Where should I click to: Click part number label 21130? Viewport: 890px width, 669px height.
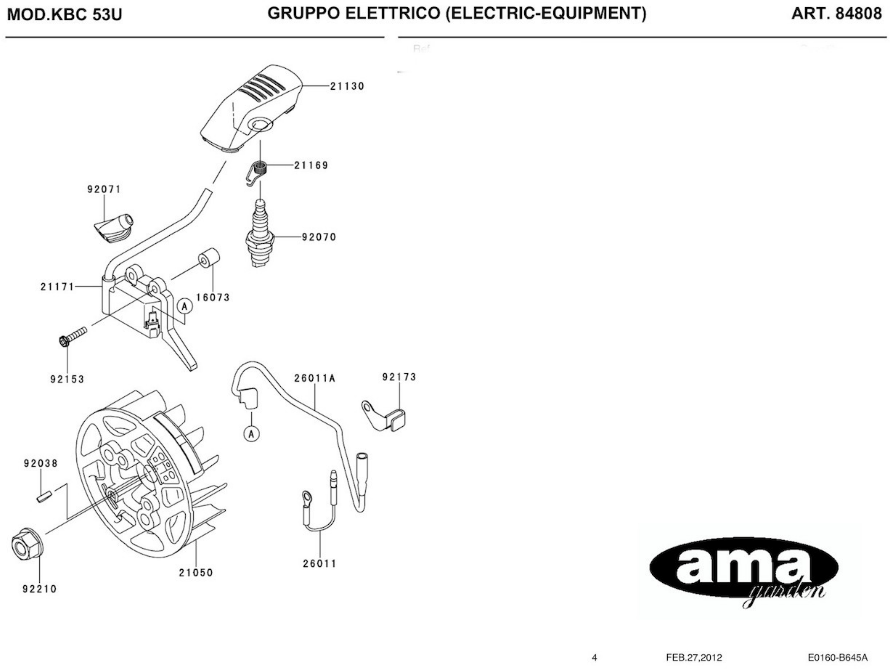347,86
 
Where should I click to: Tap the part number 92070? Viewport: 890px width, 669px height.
319,237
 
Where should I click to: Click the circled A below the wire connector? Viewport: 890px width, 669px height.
251,434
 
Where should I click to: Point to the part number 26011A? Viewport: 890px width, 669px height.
315,379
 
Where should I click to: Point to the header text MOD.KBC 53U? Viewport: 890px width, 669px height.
64,15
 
